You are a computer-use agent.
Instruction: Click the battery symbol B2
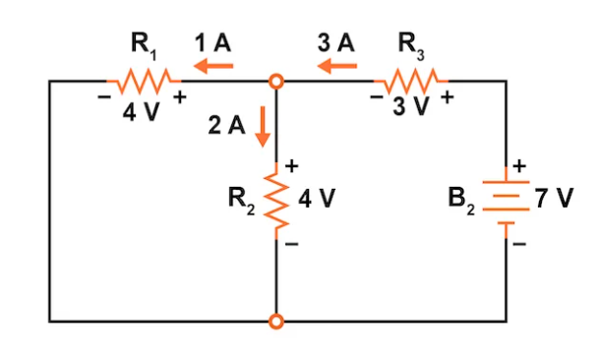coord(506,201)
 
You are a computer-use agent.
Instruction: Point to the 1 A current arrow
coord(213,66)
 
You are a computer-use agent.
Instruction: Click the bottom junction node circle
coord(277,321)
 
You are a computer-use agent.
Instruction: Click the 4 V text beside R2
coord(317,199)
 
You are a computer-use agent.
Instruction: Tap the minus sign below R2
coord(292,247)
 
